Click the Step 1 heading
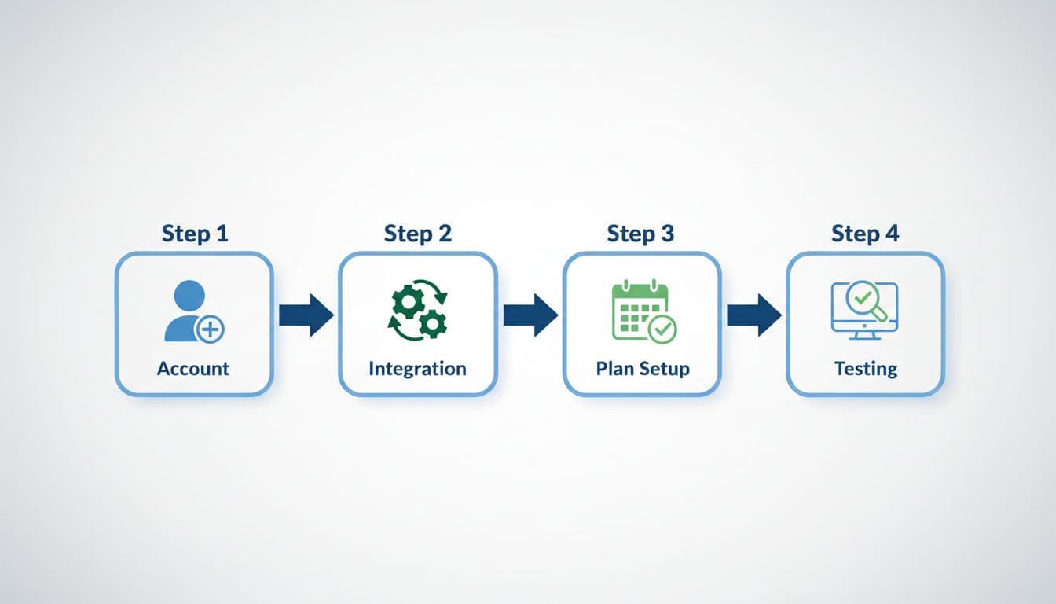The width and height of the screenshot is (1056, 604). [194, 234]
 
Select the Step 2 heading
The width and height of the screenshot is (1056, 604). [417, 234]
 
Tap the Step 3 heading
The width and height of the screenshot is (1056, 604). [640, 234]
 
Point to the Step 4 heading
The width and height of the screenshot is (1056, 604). [865, 234]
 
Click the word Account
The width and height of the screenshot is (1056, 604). [193, 368]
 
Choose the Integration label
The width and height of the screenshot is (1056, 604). [417, 368]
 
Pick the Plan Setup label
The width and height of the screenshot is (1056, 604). [642, 368]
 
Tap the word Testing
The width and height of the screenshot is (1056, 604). [865, 368]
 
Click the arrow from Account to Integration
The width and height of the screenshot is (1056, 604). [306, 315]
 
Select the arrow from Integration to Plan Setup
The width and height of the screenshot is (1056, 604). [530, 315]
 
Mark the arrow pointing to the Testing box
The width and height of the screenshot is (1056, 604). [753, 315]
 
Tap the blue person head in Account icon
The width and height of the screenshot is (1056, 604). [189, 296]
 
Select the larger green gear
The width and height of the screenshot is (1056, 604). [409, 302]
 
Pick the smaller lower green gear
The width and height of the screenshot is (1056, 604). [431, 322]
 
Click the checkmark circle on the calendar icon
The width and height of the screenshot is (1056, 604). [662, 329]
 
